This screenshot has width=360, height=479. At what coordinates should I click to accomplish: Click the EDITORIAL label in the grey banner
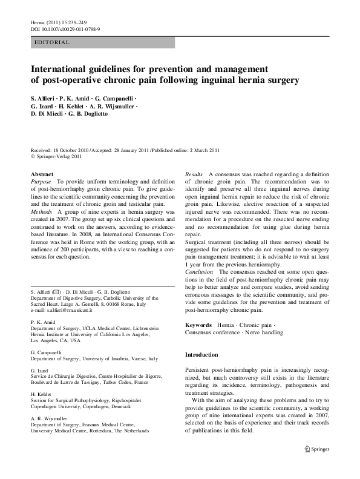click(53, 42)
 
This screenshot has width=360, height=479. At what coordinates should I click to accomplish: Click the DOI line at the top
click(65, 28)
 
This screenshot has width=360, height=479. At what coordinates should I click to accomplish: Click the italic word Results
click(195, 174)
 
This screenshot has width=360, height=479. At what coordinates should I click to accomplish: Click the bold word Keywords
click(198, 326)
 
